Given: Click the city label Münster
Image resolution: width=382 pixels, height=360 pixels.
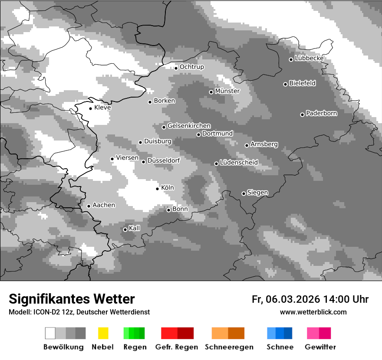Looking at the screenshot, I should [x=227, y=91].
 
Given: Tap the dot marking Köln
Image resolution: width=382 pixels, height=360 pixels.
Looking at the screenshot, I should [x=158, y=189].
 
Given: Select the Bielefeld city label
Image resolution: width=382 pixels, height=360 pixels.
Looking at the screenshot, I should [x=302, y=83].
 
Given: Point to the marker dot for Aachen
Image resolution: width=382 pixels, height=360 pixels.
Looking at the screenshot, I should [x=89, y=206].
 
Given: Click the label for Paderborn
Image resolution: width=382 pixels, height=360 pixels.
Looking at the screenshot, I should [x=321, y=114].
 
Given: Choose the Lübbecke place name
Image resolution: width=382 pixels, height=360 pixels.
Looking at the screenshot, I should [x=309, y=59].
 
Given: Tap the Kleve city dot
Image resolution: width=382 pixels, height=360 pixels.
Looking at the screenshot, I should [x=90, y=108].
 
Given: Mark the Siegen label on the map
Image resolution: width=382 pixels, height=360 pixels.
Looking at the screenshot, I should [x=257, y=193].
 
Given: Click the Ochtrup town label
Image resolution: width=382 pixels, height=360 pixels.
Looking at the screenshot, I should [x=191, y=67].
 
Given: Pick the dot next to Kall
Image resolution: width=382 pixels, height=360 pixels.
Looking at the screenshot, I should [x=125, y=229].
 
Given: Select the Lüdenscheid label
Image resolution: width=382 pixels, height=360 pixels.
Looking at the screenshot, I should [x=239, y=163].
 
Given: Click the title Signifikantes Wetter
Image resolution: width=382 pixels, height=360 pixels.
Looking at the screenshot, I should [x=72, y=299].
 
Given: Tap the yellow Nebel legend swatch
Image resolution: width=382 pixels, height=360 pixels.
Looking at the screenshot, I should [x=103, y=333].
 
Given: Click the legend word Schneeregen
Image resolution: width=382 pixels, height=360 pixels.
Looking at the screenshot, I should [x=229, y=347].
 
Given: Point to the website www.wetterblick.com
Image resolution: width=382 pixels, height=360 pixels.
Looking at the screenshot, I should [x=313, y=312].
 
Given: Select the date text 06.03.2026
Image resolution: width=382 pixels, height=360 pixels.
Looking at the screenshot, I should [x=293, y=299].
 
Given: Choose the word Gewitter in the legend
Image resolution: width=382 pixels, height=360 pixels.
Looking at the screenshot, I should [x=320, y=347].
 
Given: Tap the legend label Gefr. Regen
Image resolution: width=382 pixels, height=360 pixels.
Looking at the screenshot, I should [x=176, y=347].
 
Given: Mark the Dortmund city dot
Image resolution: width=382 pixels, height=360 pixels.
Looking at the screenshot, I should [x=198, y=134].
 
